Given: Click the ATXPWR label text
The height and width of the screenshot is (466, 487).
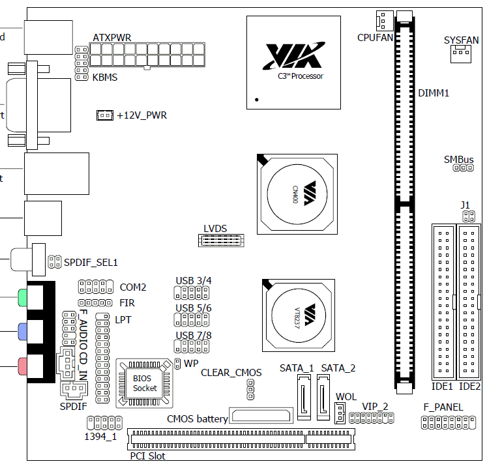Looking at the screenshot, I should (x=112, y=38).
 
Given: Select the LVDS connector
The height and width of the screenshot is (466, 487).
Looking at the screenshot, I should (x=221, y=240).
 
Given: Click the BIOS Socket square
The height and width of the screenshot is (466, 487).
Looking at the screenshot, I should (x=145, y=383).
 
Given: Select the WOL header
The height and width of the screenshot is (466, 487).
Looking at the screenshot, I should (x=340, y=412).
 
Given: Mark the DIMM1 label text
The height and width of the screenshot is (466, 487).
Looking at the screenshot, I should (x=434, y=93).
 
